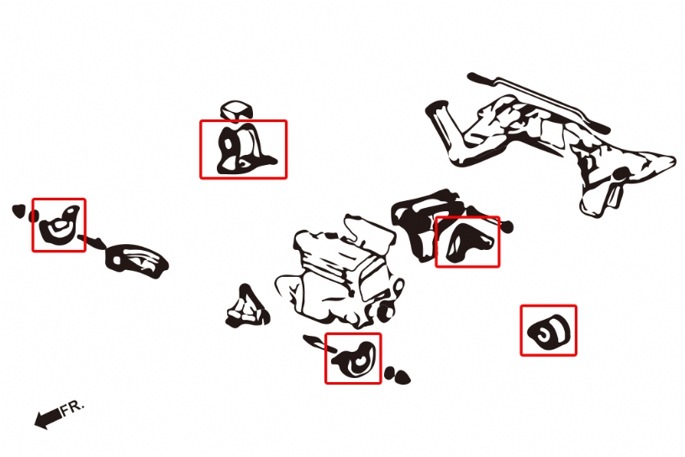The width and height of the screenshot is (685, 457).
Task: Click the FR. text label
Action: (71, 407)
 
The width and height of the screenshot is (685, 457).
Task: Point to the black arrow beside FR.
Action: (48, 418)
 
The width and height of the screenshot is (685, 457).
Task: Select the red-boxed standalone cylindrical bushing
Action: (549, 332)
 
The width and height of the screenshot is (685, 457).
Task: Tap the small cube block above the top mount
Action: (236, 109)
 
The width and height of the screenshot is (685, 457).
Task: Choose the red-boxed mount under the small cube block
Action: (245, 150)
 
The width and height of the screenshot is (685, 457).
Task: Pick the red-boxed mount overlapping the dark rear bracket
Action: (468, 242)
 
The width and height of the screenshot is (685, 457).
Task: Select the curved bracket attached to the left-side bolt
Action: (136, 260)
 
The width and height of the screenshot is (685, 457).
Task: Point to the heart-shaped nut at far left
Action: (18, 210)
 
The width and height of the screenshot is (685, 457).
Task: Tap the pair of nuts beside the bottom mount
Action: (397, 375)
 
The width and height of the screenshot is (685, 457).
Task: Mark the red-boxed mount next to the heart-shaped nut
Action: (60, 225)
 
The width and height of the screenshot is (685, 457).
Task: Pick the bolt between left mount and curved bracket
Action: (91, 241)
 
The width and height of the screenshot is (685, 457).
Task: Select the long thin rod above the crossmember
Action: (538, 103)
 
